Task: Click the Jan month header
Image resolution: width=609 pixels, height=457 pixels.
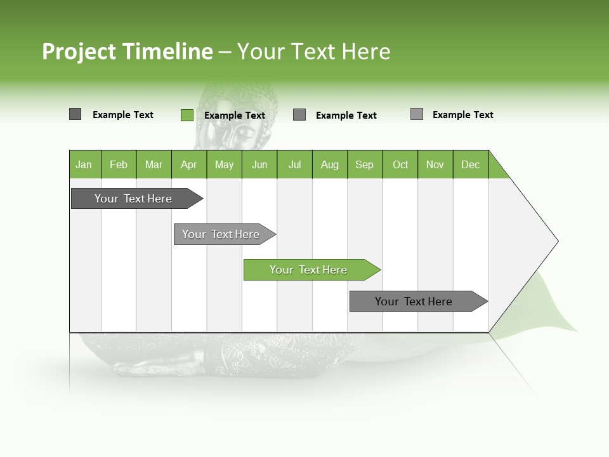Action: click(84, 164)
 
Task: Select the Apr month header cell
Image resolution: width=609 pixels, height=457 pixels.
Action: click(189, 164)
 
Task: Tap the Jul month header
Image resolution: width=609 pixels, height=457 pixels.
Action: click(294, 164)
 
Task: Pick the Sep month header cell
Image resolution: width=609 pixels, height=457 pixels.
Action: click(365, 164)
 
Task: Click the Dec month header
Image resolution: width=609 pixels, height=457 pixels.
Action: click(470, 164)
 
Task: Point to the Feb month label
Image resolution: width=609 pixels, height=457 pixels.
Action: click(119, 164)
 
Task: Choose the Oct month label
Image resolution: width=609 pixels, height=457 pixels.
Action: click(400, 164)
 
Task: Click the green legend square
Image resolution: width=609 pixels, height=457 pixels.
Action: click(187, 115)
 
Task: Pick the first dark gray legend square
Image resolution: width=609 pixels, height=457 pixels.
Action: click(75, 114)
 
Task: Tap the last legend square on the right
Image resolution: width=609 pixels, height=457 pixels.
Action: click(416, 114)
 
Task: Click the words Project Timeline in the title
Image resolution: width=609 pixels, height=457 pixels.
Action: click(127, 51)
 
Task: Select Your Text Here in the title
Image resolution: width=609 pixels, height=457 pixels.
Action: click(314, 51)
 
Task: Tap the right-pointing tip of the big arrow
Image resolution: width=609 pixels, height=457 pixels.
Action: click(556, 241)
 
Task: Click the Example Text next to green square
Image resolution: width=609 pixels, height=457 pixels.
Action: click(235, 116)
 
